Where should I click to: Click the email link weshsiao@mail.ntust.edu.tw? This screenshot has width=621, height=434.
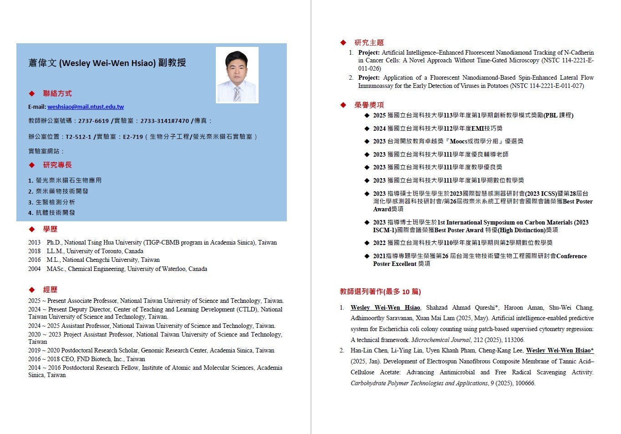(86, 107)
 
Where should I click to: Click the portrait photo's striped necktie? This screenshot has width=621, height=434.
(237, 93)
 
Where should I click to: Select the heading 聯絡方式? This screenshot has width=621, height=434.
(57, 93)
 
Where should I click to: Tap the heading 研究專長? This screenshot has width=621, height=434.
(57, 165)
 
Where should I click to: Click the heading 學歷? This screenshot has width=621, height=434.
(50, 229)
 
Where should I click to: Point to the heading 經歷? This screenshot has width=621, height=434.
(50, 290)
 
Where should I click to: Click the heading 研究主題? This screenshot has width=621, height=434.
(369, 43)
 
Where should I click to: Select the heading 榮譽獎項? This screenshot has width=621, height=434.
(369, 105)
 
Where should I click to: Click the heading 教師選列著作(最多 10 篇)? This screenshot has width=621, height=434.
(380, 291)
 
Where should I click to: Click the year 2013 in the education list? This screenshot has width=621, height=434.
(34, 243)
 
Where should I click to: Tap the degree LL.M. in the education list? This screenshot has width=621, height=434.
(55, 251)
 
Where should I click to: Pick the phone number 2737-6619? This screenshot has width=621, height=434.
(93, 121)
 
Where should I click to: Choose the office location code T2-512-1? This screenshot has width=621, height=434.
(78, 137)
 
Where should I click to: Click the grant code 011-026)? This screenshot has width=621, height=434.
(369, 69)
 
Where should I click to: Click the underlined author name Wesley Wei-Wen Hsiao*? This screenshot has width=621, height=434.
(560, 351)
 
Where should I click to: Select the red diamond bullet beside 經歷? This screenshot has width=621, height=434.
(32, 290)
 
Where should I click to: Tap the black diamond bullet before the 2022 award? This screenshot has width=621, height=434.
(366, 243)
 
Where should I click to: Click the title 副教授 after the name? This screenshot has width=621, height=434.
(172, 63)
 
